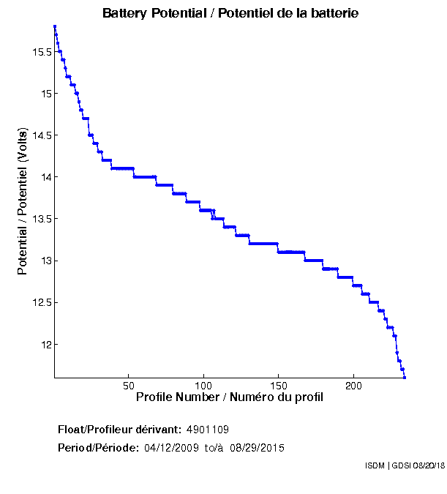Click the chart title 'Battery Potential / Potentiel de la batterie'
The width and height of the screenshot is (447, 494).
coord(230,13)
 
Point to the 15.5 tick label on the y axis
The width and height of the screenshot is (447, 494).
coord(40,52)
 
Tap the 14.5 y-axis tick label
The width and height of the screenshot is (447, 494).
coord(40,135)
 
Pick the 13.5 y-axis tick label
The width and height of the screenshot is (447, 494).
coord(40,219)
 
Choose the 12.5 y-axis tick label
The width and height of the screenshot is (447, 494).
coord(40,302)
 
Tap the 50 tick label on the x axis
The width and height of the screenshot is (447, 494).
coord(129,386)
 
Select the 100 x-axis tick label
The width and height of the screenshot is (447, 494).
coord(203,386)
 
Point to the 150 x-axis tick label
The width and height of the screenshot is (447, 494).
coord(278,386)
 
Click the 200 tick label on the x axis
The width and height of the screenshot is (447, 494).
coord(353,386)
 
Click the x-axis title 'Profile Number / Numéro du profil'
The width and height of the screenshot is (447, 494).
coord(230,397)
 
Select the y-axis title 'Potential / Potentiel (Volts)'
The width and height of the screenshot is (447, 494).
coord(23,202)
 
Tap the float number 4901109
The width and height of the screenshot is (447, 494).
coord(209,429)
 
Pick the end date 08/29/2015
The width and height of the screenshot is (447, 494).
coord(258,447)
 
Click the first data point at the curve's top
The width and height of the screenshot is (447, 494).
coord(55,26)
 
